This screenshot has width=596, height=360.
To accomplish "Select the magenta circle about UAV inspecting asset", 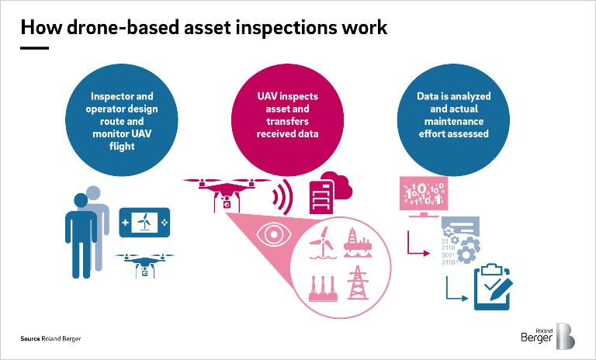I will pos(287,116).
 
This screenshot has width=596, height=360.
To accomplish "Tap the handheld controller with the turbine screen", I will pos(143,223).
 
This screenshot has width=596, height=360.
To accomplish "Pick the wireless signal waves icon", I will pos(282,198).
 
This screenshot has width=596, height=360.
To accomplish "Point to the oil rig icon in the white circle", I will pos(357,242).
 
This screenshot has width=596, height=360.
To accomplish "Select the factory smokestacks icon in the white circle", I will pos(321,288).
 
